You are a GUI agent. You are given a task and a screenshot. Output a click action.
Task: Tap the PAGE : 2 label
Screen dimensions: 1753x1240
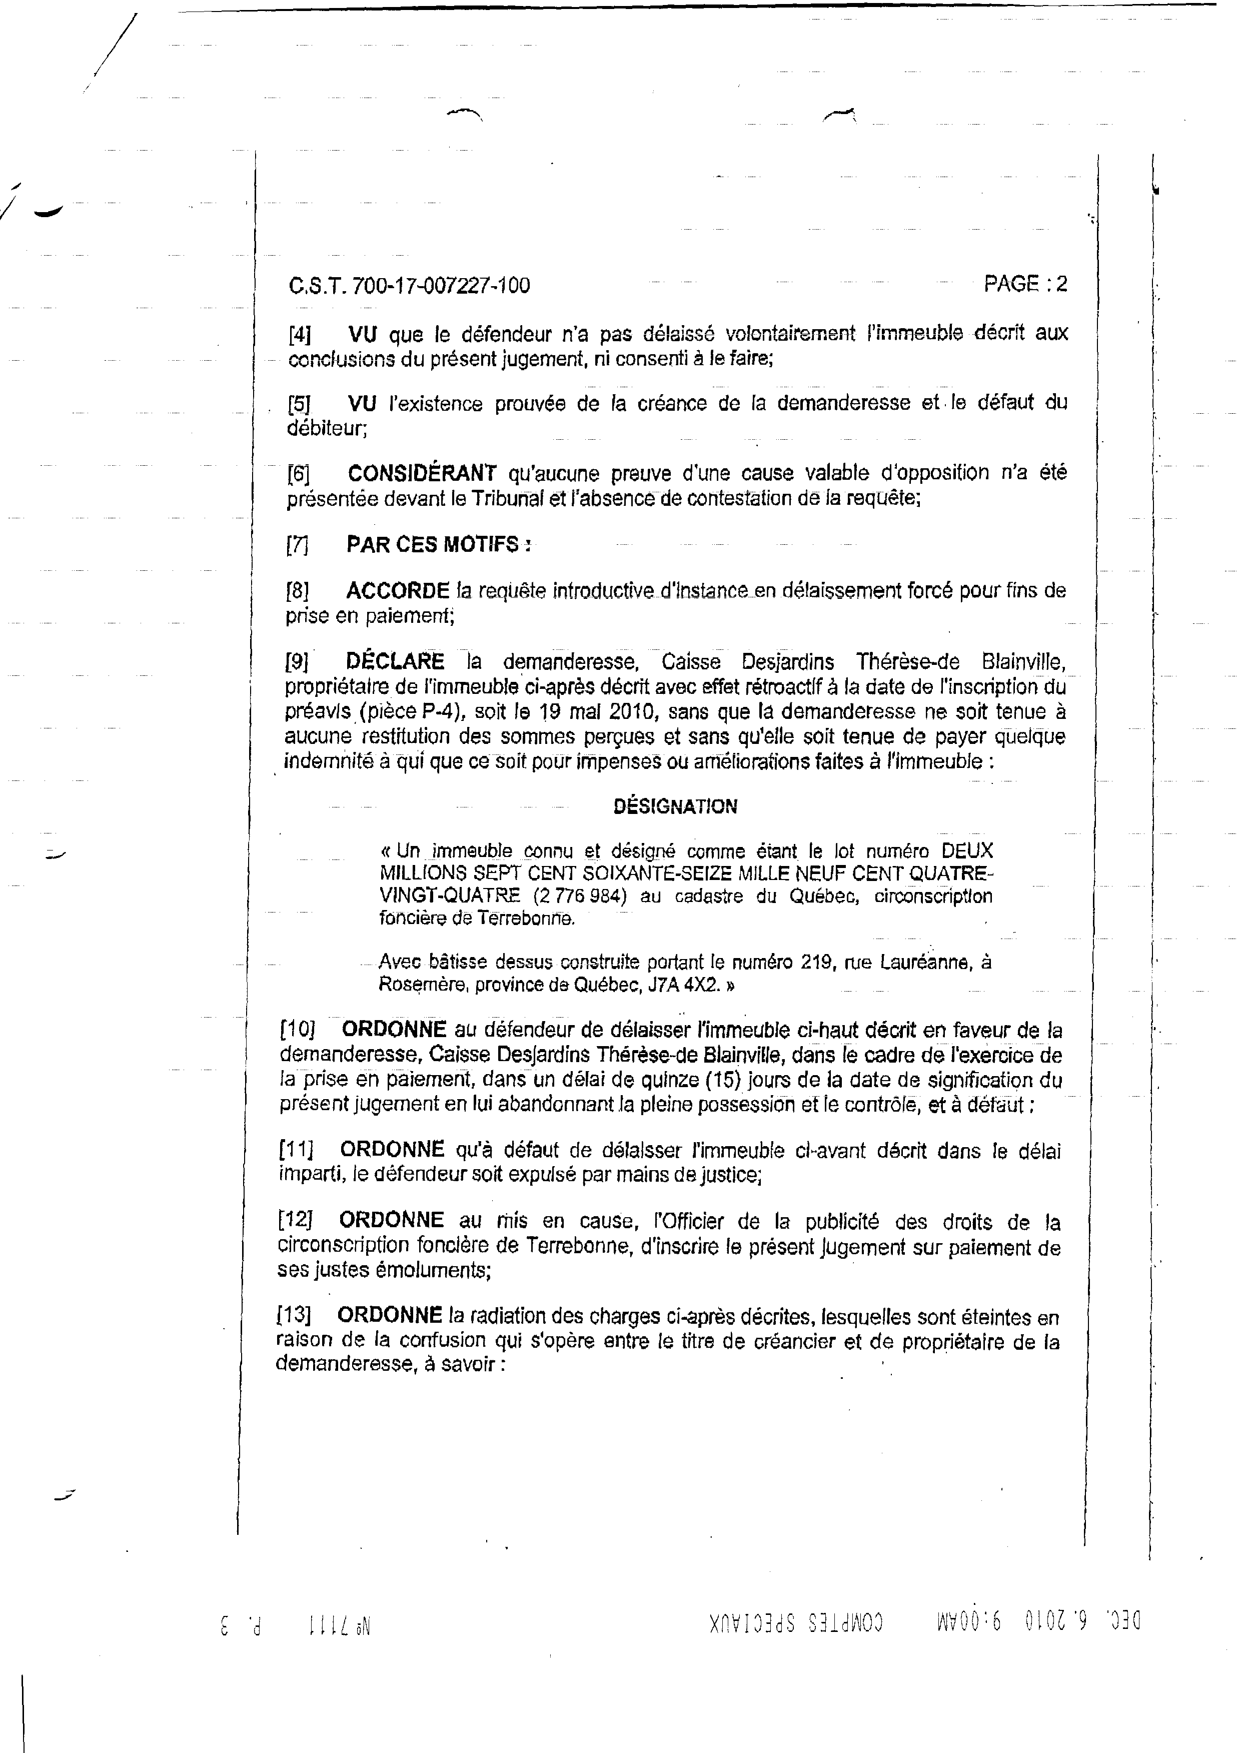1025,284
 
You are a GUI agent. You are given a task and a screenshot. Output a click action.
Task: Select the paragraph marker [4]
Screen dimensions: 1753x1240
299,334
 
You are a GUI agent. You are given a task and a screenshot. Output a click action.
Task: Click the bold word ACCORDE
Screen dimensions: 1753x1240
397,591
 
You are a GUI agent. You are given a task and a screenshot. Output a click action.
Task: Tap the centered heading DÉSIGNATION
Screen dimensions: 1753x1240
675,807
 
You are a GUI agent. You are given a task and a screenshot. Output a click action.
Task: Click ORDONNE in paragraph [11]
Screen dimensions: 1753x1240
392,1150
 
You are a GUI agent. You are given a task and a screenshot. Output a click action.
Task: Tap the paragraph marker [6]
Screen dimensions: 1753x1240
299,474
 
